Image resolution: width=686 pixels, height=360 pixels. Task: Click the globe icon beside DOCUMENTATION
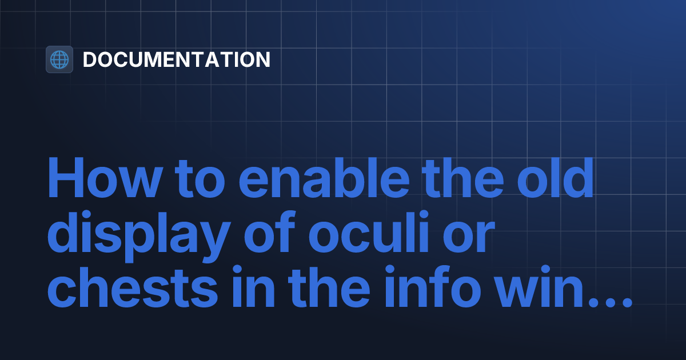(59, 59)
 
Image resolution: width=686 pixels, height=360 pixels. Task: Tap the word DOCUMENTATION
(177, 59)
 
